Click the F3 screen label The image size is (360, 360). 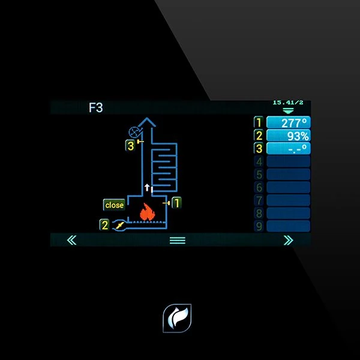(96, 109)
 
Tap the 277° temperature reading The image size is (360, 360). (288, 123)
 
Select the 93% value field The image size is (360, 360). (288, 136)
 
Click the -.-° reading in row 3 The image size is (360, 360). (288, 148)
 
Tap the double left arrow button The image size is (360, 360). (72, 240)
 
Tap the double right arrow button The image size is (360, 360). (288, 240)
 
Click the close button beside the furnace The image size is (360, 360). (114, 205)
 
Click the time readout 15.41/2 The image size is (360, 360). (287, 103)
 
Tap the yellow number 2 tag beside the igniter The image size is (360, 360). (105, 225)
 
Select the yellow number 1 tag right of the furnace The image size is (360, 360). (176, 203)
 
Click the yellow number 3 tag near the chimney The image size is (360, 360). (130, 145)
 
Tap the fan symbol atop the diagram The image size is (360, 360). (134, 132)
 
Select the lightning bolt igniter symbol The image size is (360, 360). (120, 225)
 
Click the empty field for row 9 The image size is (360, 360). (288, 226)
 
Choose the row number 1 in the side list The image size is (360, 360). (259, 123)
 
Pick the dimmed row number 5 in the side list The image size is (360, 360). (259, 175)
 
